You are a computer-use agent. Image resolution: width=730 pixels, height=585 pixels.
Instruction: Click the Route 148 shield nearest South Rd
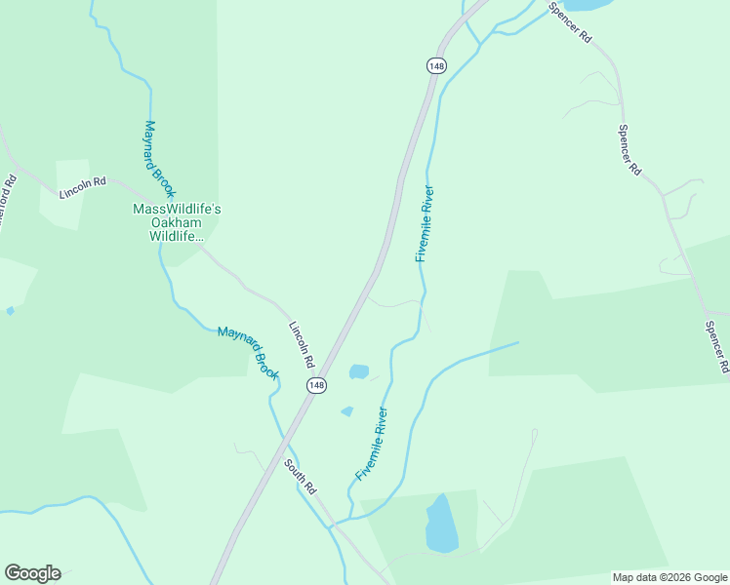(316, 386)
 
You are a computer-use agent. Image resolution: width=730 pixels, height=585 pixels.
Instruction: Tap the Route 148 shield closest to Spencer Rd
(436, 65)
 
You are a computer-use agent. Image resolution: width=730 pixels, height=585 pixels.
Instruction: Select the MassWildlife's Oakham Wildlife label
(177, 223)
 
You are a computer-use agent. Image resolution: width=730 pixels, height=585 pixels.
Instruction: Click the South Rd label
(302, 475)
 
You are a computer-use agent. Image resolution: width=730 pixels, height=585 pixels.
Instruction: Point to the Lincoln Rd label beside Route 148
(301, 343)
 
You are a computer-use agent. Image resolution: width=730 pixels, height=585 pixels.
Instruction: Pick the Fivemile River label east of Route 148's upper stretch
(424, 223)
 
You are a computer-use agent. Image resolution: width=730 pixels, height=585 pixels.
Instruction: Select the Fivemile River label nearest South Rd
(372, 444)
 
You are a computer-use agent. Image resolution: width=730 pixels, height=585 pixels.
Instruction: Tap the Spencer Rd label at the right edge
(717, 347)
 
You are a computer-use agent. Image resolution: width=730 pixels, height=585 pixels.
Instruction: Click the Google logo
(32, 573)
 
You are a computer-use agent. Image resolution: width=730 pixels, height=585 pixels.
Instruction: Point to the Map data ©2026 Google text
(669, 577)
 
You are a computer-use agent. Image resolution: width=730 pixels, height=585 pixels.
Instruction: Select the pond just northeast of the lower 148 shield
(359, 371)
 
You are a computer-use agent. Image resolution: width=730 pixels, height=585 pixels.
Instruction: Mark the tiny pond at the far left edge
(10, 311)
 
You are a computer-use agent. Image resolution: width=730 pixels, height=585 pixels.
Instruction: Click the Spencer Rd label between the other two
(629, 150)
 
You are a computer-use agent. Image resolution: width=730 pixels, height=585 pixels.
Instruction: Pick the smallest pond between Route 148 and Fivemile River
(346, 411)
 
